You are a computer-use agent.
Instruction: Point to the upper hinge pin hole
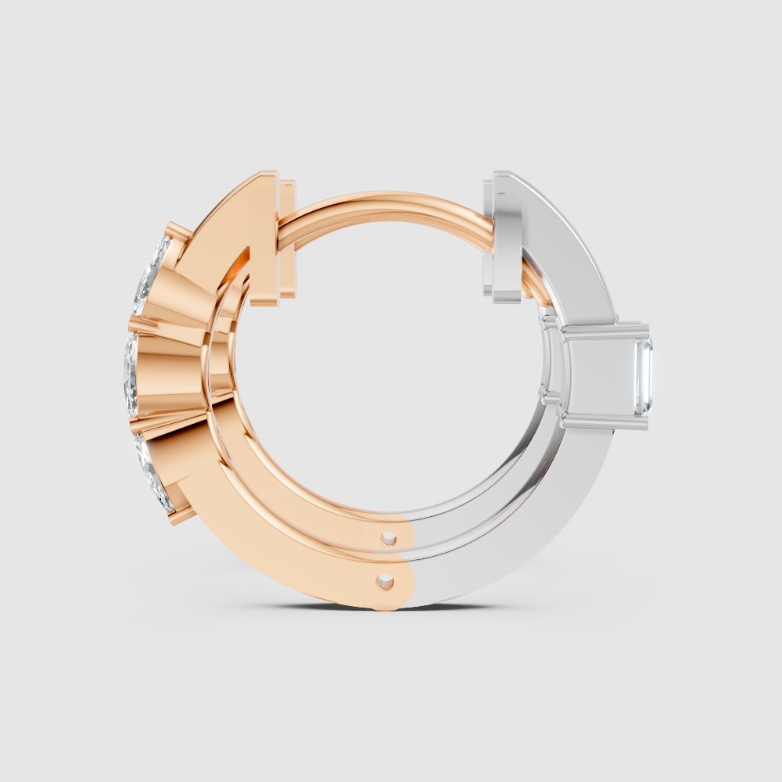click(389, 538)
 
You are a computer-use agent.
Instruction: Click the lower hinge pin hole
click(384, 582)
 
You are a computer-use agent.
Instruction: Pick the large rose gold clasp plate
click(264, 239)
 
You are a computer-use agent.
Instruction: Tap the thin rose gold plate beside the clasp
click(288, 239)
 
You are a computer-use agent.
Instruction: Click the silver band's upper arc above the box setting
click(571, 250)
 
